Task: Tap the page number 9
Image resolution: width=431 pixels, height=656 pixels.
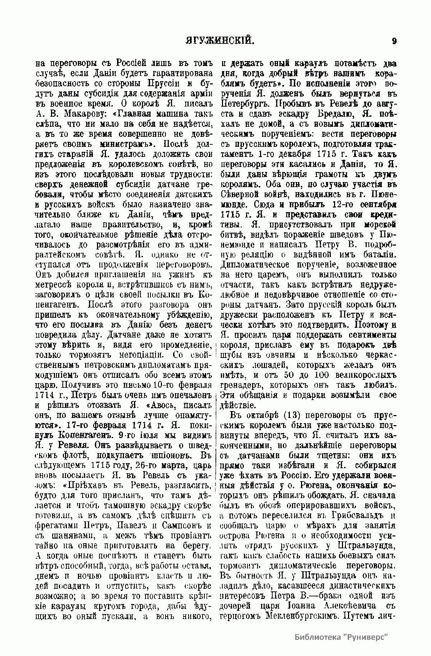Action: [394, 41]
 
